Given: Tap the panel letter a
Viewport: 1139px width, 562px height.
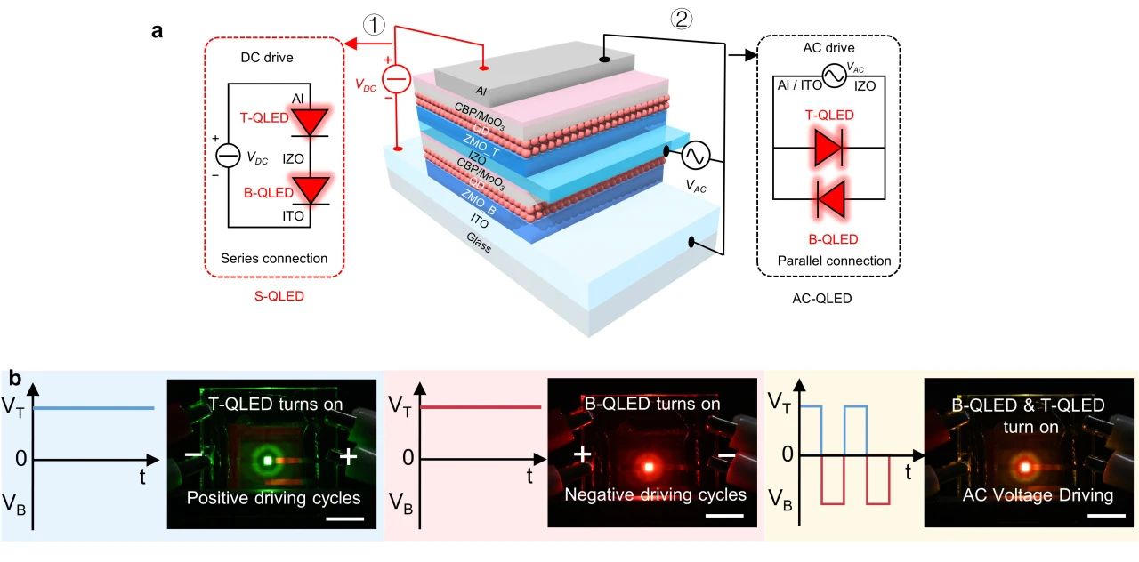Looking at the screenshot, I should (x=157, y=31).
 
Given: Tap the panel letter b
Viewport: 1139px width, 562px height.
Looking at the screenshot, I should (x=16, y=377).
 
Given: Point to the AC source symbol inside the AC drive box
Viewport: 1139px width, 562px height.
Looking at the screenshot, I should (x=834, y=78).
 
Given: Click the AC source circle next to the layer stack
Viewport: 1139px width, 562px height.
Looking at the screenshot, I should (x=694, y=157).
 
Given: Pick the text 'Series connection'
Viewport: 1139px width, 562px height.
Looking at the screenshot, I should (x=274, y=259).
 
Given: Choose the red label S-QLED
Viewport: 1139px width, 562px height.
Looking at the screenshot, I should (x=274, y=296).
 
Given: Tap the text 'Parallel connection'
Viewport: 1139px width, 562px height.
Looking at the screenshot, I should (x=834, y=261).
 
